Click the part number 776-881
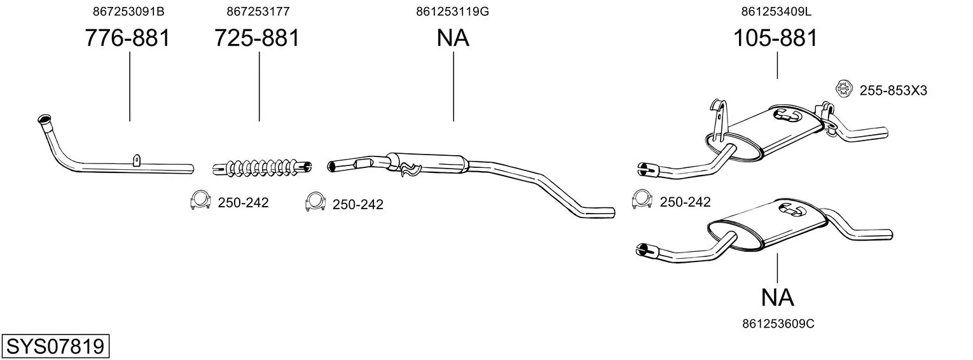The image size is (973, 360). pyautogui.click(x=127, y=38)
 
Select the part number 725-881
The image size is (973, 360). pyautogui.click(x=257, y=38)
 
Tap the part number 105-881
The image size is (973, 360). pyautogui.click(x=775, y=38)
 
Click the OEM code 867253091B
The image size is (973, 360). pyautogui.click(x=128, y=11)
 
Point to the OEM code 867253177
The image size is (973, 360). pyautogui.click(x=258, y=11)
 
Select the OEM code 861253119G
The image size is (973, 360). pyautogui.click(x=453, y=11)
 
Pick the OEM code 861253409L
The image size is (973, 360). pyautogui.click(x=776, y=11)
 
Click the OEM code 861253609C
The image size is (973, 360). pyautogui.click(x=778, y=324)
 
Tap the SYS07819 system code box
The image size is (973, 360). pyautogui.click(x=55, y=347)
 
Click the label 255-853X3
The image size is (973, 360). pyautogui.click(x=894, y=90)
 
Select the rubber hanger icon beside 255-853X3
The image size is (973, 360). pyautogui.click(x=843, y=88)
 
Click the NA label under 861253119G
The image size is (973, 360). pyautogui.click(x=453, y=38)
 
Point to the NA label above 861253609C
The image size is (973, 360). pyautogui.click(x=778, y=298)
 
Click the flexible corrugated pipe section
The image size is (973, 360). pyautogui.click(x=263, y=168)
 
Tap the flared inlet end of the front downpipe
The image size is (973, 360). pyautogui.click(x=45, y=120)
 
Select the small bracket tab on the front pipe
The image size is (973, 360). pyautogui.click(x=136, y=160)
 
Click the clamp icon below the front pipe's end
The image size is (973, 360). pyautogui.click(x=200, y=200)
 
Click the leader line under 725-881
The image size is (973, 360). pyautogui.click(x=259, y=87)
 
